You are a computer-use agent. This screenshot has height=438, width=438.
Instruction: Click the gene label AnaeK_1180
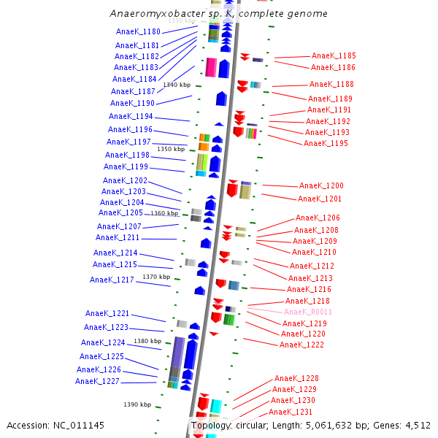(138, 32)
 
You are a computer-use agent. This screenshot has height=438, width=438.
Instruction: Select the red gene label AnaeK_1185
(334, 56)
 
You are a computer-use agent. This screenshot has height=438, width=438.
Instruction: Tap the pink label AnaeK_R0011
(308, 312)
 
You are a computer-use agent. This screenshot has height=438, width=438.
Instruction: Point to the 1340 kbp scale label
(177, 85)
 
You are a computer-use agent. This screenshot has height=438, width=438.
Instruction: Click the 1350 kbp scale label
(171, 150)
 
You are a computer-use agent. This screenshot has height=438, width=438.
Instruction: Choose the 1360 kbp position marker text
(164, 214)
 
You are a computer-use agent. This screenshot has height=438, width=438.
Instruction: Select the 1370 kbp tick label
(156, 277)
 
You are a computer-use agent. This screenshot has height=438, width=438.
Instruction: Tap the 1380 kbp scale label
(147, 341)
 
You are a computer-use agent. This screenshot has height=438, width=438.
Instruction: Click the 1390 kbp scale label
(137, 404)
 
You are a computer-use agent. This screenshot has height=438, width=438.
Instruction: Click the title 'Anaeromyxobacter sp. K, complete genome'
(218, 14)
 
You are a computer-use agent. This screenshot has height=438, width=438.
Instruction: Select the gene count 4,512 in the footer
(418, 425)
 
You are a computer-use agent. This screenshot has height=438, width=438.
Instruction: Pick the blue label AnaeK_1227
(97, 381)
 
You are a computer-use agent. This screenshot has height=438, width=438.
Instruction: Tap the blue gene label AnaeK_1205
(120, 213)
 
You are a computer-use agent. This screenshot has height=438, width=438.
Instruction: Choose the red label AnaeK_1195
(326, 144)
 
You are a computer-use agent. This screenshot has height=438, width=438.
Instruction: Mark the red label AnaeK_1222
(301, 345)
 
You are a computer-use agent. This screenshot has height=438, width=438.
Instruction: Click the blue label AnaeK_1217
(112, 280)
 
